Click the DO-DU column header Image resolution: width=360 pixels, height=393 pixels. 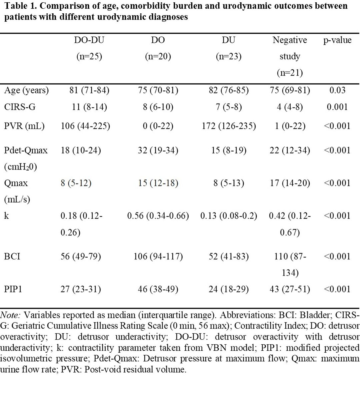pos(89,40)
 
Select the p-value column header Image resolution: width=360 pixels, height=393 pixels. pos(337,40)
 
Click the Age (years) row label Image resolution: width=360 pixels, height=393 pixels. pos(26,90)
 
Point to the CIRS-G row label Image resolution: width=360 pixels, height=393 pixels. pos(20,107)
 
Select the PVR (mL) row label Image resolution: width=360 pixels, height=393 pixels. pos(24,126)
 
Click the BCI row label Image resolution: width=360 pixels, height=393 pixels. pos(12,256)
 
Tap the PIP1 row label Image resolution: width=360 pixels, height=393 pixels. pos(13,289)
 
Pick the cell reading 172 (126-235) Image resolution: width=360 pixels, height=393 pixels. pos(229,126)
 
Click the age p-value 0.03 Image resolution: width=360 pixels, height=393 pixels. pos(337,90)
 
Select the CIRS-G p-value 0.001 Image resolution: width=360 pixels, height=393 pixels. pos(337,107)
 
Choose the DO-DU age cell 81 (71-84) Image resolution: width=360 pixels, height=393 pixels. pos(89,90)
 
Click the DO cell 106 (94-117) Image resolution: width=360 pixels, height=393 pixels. pos(158,256)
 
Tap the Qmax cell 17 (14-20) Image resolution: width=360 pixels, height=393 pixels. pos(290,183)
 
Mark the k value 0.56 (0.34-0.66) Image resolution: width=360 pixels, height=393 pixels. pos(158,216)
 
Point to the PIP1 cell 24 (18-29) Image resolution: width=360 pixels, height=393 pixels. pos(229,289)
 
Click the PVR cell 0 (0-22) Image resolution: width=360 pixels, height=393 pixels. pos(158,126)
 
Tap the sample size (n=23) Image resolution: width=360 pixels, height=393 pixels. pos(229,56)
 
